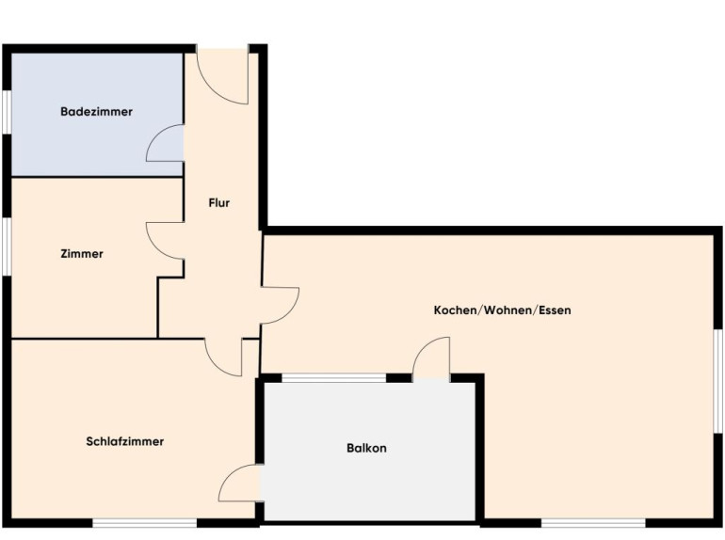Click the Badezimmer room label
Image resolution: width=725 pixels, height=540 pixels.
96,111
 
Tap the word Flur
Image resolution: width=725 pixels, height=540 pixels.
218,203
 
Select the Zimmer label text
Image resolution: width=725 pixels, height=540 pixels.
82,254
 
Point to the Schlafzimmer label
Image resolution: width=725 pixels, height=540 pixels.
125,441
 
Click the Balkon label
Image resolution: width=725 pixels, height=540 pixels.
366,448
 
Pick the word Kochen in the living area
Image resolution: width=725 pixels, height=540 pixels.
455,310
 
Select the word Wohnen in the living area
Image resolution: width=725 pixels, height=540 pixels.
508,310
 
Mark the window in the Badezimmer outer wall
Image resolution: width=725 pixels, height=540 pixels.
7,113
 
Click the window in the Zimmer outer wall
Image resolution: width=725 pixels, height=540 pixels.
7,246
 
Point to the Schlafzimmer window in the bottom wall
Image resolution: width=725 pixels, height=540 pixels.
145,523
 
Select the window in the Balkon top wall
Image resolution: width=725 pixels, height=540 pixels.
334,378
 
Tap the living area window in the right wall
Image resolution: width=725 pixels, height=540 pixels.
718,382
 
